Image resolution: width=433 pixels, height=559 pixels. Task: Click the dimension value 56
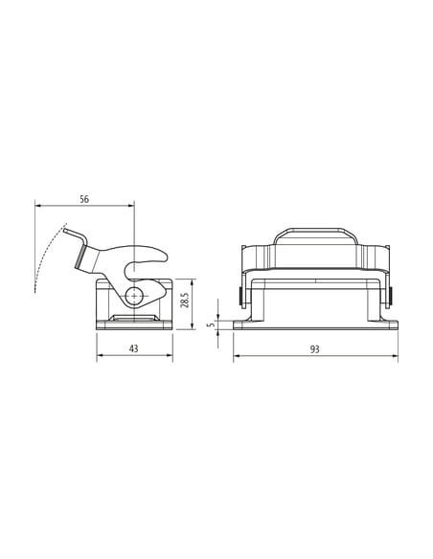pyautogui.click(x=84, y=199)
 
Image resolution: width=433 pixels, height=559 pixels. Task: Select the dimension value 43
pyautogui.click(x=133, y=348)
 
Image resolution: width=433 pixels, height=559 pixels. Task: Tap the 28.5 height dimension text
pyautogui.click(x=184, y=300)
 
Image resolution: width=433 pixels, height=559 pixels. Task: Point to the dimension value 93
pyautogui.click(x=314, y=349)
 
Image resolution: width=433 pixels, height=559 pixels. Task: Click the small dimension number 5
pyautogui.click(x=212, y=324)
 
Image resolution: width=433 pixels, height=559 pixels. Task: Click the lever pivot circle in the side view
pyautogui.click(x=134, y=296)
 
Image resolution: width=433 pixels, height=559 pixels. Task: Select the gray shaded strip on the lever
pyautogui.click(x=80, y=256)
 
